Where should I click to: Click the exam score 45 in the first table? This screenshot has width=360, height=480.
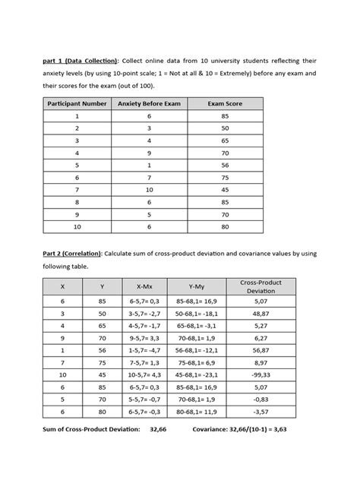(225, 190)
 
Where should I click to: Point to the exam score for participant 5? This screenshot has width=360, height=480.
(225, 165)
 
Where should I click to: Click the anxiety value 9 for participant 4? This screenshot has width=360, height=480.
(149, 153)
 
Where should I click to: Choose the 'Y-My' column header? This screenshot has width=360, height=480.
(201, 287)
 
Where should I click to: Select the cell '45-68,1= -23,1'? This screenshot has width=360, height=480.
(201, 375)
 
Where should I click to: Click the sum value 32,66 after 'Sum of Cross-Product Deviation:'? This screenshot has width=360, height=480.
(158, 429)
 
